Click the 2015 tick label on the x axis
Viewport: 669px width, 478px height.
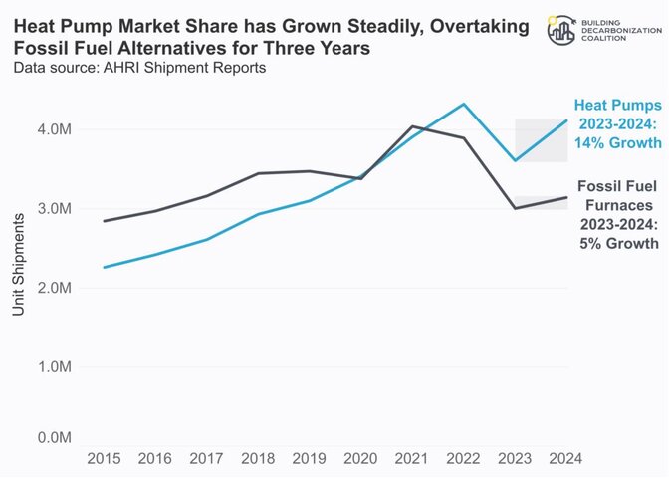click(x=104, y=458)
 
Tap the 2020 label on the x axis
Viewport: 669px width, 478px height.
click(x=359, y=458)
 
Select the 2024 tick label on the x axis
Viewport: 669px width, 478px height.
click(x=564, y=458)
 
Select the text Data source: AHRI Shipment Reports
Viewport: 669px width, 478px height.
click(x=138, y=68)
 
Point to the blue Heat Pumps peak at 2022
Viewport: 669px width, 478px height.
click(x=463, y=104)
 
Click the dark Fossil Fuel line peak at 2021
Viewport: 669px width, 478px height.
click(x=412, y=126)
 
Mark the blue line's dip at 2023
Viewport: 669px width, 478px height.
click(x=515, y=160)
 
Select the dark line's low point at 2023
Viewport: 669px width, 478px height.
click(x=515, y=208)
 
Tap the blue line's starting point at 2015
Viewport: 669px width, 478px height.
click(x=104, y=267)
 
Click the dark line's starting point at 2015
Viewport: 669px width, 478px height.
click(x=104, y=221)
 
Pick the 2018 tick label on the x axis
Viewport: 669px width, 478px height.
click(x=257, y=458)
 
